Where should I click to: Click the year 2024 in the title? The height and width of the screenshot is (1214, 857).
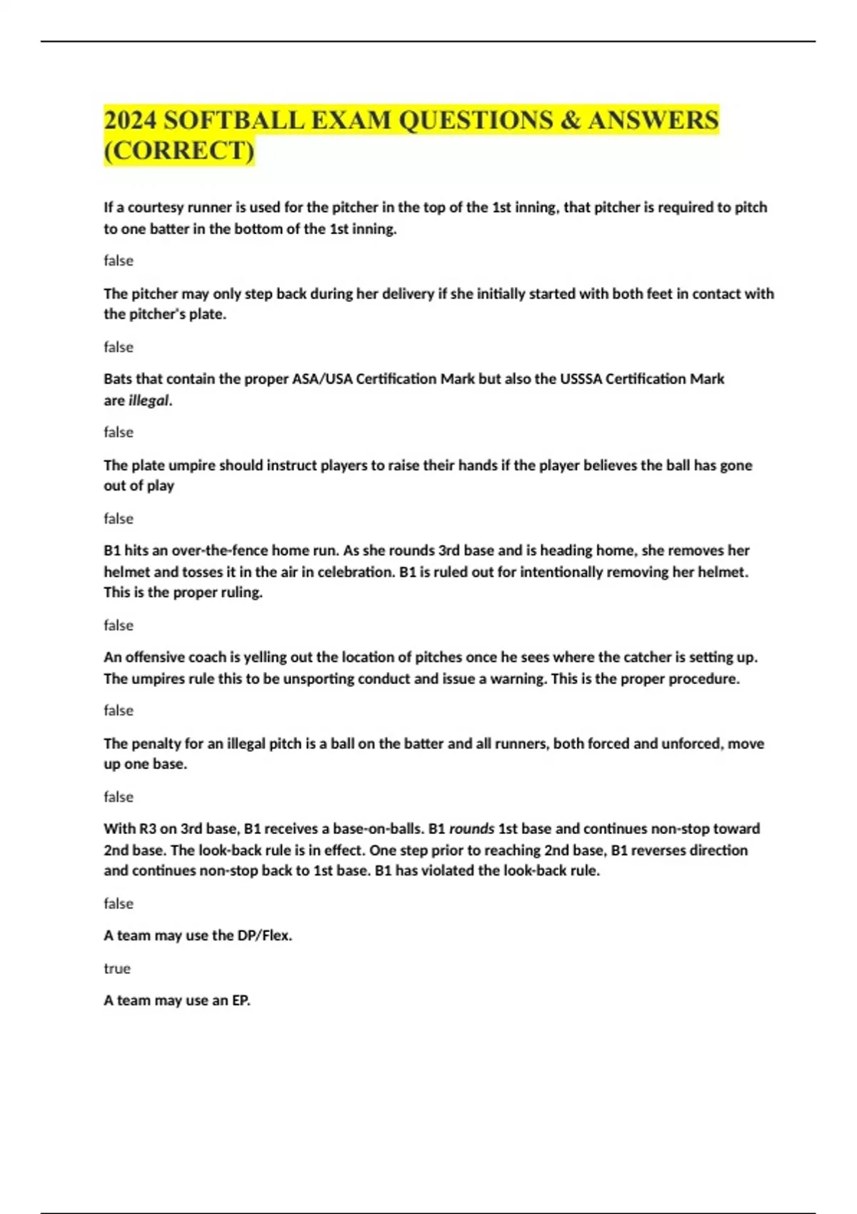pos(130,120)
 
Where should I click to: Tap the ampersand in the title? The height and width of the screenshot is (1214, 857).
pos(570,120)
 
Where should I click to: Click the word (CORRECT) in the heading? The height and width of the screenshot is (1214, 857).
pos(179,151)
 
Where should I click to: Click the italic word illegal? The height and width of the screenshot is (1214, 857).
pos(149,401)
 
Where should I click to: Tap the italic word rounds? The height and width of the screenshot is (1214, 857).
pos(471,829)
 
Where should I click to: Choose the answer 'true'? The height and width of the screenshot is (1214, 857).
pos(117,968)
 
